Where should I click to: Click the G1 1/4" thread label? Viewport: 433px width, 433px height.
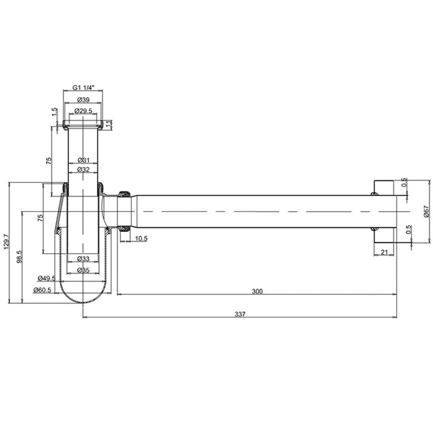(83, 87)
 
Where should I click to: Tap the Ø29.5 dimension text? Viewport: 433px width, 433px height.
(83, 110)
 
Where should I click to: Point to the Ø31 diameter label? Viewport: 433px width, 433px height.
(83, 160)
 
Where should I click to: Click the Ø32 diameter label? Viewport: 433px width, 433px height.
(83, 169)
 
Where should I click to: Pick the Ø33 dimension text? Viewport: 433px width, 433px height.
(83, 258)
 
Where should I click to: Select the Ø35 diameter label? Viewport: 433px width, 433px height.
(83, 270)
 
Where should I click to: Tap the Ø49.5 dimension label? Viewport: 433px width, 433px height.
(46, 278)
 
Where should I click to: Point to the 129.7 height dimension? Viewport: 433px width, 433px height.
(5, 242)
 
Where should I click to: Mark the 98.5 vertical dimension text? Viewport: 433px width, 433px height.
(19, 257)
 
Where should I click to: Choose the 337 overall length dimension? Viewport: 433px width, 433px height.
(240, 314)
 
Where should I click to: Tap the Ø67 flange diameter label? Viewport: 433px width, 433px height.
(426, 211)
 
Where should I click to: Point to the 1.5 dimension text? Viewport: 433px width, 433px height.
(54, 111)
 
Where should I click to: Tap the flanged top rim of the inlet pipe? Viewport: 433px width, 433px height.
(83, 124)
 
